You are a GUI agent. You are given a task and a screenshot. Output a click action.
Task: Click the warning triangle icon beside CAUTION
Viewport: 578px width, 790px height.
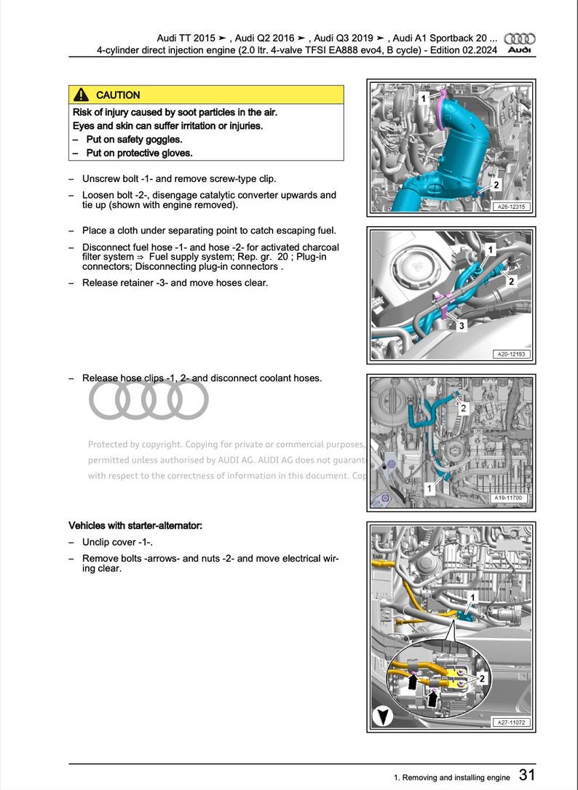pos(82,95)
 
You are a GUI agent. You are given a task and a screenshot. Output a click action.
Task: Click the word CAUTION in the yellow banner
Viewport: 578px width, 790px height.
pos(118,95)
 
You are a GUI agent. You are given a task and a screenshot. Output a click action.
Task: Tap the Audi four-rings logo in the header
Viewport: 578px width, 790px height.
pos(520,39)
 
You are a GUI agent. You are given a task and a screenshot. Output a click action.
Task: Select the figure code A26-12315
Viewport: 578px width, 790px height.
pos(512,207)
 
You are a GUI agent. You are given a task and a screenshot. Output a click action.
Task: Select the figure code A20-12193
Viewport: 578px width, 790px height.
pos(512,354)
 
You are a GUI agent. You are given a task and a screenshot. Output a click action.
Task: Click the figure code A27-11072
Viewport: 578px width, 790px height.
pos(512,722)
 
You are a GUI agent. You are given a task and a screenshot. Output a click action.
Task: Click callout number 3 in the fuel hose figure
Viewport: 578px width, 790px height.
pos(461,327)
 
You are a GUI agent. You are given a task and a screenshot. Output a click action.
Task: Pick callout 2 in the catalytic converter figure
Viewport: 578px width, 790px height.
pos(496,185)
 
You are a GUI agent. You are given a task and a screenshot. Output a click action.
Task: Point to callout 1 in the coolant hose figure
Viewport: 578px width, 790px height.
pos(429,489)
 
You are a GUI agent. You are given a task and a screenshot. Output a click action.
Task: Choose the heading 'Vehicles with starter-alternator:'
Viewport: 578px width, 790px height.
pos(135,525)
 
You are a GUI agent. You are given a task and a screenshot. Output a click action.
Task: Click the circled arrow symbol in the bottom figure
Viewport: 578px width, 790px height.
pos(382,716)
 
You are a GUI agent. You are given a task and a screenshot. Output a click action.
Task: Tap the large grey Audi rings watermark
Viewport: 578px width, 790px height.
pos(149,399)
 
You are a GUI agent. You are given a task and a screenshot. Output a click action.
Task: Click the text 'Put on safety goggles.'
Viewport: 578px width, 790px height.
pos(134,140)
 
